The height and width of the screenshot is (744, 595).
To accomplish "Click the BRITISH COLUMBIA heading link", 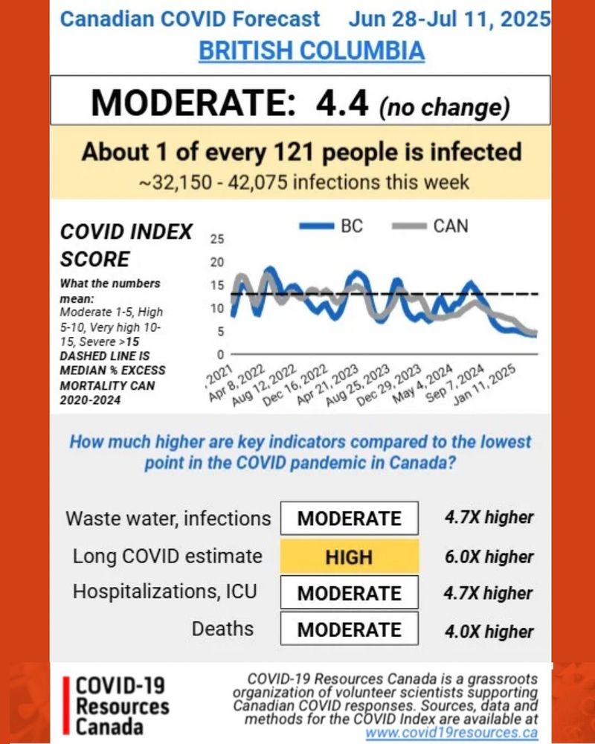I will pyautogui.click(x=311, y=51).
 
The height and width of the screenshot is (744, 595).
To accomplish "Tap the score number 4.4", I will pyautogui.click(x=341, y=103).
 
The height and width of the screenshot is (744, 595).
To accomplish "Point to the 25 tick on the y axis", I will pyautogui.click(x=218, y=240).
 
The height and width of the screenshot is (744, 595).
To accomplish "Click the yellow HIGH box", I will pyautogui.click(x=349, y=557).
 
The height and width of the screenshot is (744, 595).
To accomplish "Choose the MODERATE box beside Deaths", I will pyautogui.click(x=349, y=629).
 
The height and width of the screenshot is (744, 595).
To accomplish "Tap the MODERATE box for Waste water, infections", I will pyautogui.click(x=349, y=519).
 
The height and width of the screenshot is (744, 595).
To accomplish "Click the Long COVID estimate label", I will pyautogui.click(x=167, y=556).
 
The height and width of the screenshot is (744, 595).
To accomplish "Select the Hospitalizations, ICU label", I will pyautogui.click(x=164, y=591).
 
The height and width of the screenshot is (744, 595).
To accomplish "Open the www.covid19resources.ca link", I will pyautogui.click(x=451, y=732).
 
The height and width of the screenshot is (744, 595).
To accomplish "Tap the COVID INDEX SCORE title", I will pyautogui.click(x=126, y=246).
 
